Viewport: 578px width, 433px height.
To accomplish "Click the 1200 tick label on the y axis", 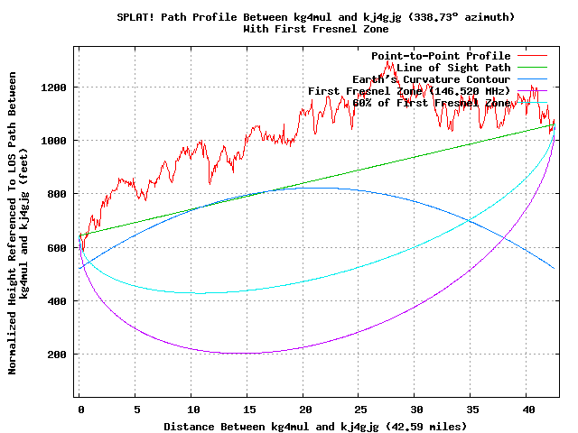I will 52,88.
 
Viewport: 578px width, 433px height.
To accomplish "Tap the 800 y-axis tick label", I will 56,194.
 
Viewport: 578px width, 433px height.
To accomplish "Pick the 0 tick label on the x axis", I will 79,409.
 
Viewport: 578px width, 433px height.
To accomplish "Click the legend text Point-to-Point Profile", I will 441,56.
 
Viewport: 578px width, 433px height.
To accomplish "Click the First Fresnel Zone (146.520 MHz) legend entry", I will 409,91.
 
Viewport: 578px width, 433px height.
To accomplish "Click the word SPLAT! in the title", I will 137,17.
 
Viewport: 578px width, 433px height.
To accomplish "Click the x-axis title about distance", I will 315,425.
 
